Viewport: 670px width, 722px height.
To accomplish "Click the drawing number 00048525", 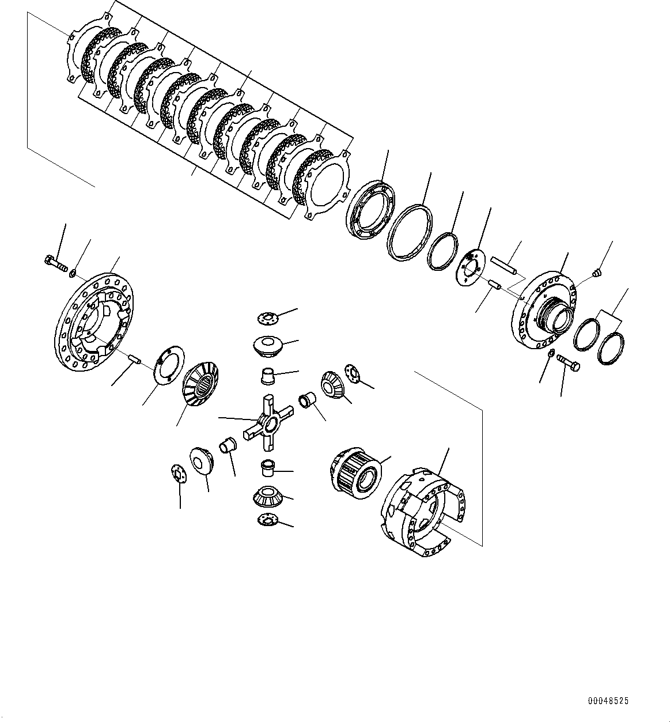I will pyautogui.click(x=608, y=701).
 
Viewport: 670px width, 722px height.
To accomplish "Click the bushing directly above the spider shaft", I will pyautogui.click(x=268, y=376).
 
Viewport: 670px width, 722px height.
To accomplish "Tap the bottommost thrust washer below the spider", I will pyautogui.click(x=267, y=519).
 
